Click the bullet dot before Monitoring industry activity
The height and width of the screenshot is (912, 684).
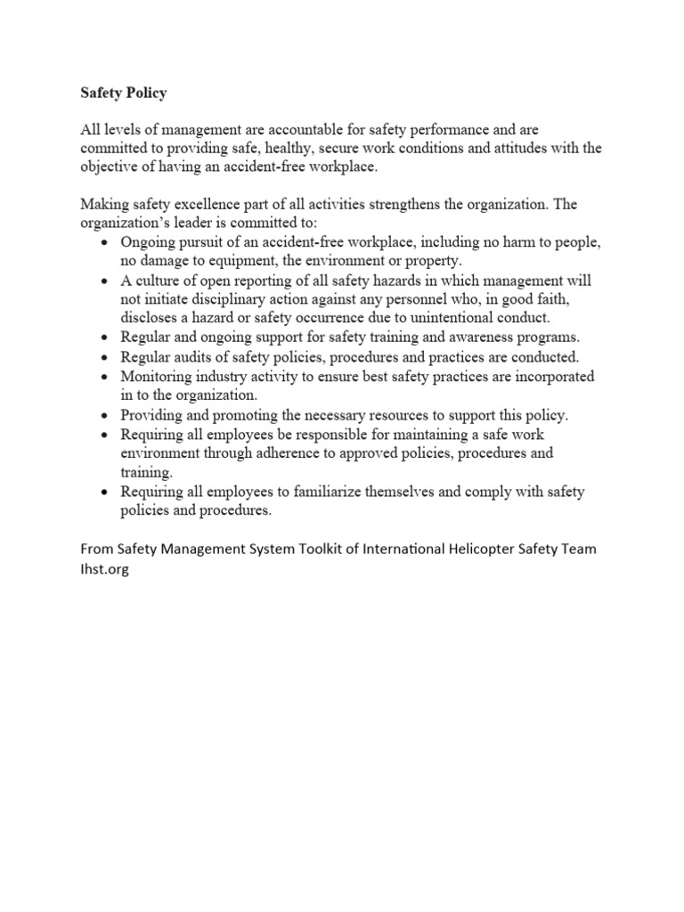pyautogui.click(x=104, y=377)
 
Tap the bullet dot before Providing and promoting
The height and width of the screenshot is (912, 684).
pyautogui.click(x=104, y=415)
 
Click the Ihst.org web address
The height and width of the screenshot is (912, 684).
pyautogui.click(x=104, y=570)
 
